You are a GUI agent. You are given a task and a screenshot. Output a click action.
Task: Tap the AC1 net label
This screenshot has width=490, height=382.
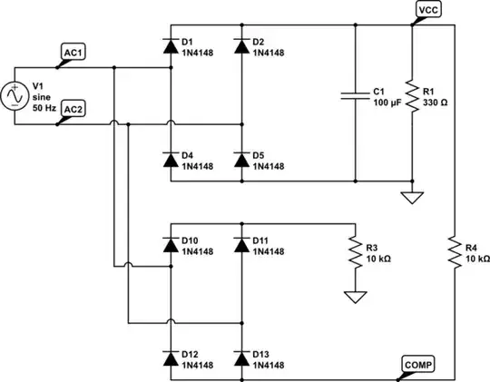pyautogui.click(x=73, y=54)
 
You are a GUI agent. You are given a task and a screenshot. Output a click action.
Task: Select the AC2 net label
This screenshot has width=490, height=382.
pyautogui.click(x=73, y=112)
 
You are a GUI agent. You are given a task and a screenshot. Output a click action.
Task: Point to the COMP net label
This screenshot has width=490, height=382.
pyautogui.click(x=416, y=365)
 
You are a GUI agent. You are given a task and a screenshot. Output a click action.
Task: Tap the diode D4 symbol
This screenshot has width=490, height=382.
pyautogui.click(x=171, y=161)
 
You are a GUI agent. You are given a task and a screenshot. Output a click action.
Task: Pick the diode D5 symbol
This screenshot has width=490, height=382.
pyautogui.click(x=241, y=161)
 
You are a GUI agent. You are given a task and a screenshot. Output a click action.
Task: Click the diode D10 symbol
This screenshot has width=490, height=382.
pyautogui.click(x=171, y=245)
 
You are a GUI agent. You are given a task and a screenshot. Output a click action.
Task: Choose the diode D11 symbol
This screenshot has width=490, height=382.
pyautogui.click(x=241, y=245)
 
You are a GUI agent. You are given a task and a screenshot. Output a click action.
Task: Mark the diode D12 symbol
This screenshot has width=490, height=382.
pyautogui.click(x=171, y=358)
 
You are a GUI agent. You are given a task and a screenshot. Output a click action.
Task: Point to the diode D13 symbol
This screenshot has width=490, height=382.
pyautogui.click(x=241, y=358)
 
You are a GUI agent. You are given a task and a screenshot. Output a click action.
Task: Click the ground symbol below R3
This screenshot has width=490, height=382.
pyautogui.click(x=355, y=297)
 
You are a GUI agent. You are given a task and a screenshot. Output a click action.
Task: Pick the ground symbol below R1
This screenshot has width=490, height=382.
pyautogui.click(x=412, y=196)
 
